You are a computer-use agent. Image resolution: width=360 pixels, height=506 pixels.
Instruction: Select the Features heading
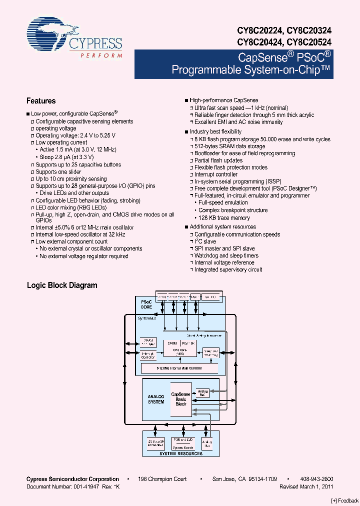(41, 101)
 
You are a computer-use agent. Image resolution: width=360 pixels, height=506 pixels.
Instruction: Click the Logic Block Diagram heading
(62, 285)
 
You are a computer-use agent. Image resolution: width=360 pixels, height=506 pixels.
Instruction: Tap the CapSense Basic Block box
(181, 398)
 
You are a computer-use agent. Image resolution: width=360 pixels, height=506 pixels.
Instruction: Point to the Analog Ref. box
(202, 393)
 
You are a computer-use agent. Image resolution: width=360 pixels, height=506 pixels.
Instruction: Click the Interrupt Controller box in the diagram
(148, 354)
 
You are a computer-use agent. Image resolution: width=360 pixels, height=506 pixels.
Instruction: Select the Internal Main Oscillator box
(179, 368)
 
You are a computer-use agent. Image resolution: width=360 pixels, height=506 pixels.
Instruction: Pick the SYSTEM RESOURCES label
(181, 453)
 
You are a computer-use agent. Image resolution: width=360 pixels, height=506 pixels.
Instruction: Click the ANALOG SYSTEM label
(156, 399)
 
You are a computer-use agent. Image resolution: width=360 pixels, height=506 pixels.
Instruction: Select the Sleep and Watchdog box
(210, 352)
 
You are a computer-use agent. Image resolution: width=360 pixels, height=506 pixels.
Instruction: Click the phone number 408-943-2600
(317, 479)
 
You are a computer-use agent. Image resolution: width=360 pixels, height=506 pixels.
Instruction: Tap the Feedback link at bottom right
(344, 500)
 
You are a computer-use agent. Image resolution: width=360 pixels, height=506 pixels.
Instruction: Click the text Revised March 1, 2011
(306, 486)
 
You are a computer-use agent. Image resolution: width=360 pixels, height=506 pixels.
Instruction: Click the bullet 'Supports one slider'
(58, 172)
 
